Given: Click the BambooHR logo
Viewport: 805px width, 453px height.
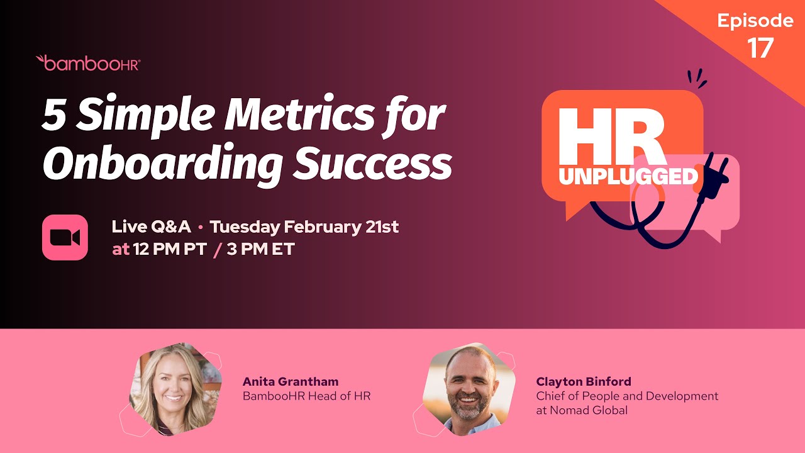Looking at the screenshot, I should point(88,63).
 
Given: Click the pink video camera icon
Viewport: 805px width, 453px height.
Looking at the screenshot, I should point(65,237).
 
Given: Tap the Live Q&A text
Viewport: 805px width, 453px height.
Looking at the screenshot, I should point(151,226).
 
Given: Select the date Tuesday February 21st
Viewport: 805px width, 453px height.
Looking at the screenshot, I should point(304,226).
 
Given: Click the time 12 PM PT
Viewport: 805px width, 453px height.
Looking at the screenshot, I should point(170,249).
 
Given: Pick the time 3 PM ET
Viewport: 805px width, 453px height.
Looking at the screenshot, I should point(260,249).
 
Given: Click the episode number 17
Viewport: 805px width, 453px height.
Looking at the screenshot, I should point(760,48).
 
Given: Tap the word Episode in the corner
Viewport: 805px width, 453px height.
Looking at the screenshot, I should point(755,21).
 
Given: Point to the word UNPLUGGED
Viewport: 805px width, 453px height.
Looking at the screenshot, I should point(628,176).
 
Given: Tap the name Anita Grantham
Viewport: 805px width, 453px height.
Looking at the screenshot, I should point(291,381).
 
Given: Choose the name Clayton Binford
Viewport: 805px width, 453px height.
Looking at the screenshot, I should point(584,381).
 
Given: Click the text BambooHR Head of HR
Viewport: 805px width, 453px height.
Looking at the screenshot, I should point(306,396).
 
